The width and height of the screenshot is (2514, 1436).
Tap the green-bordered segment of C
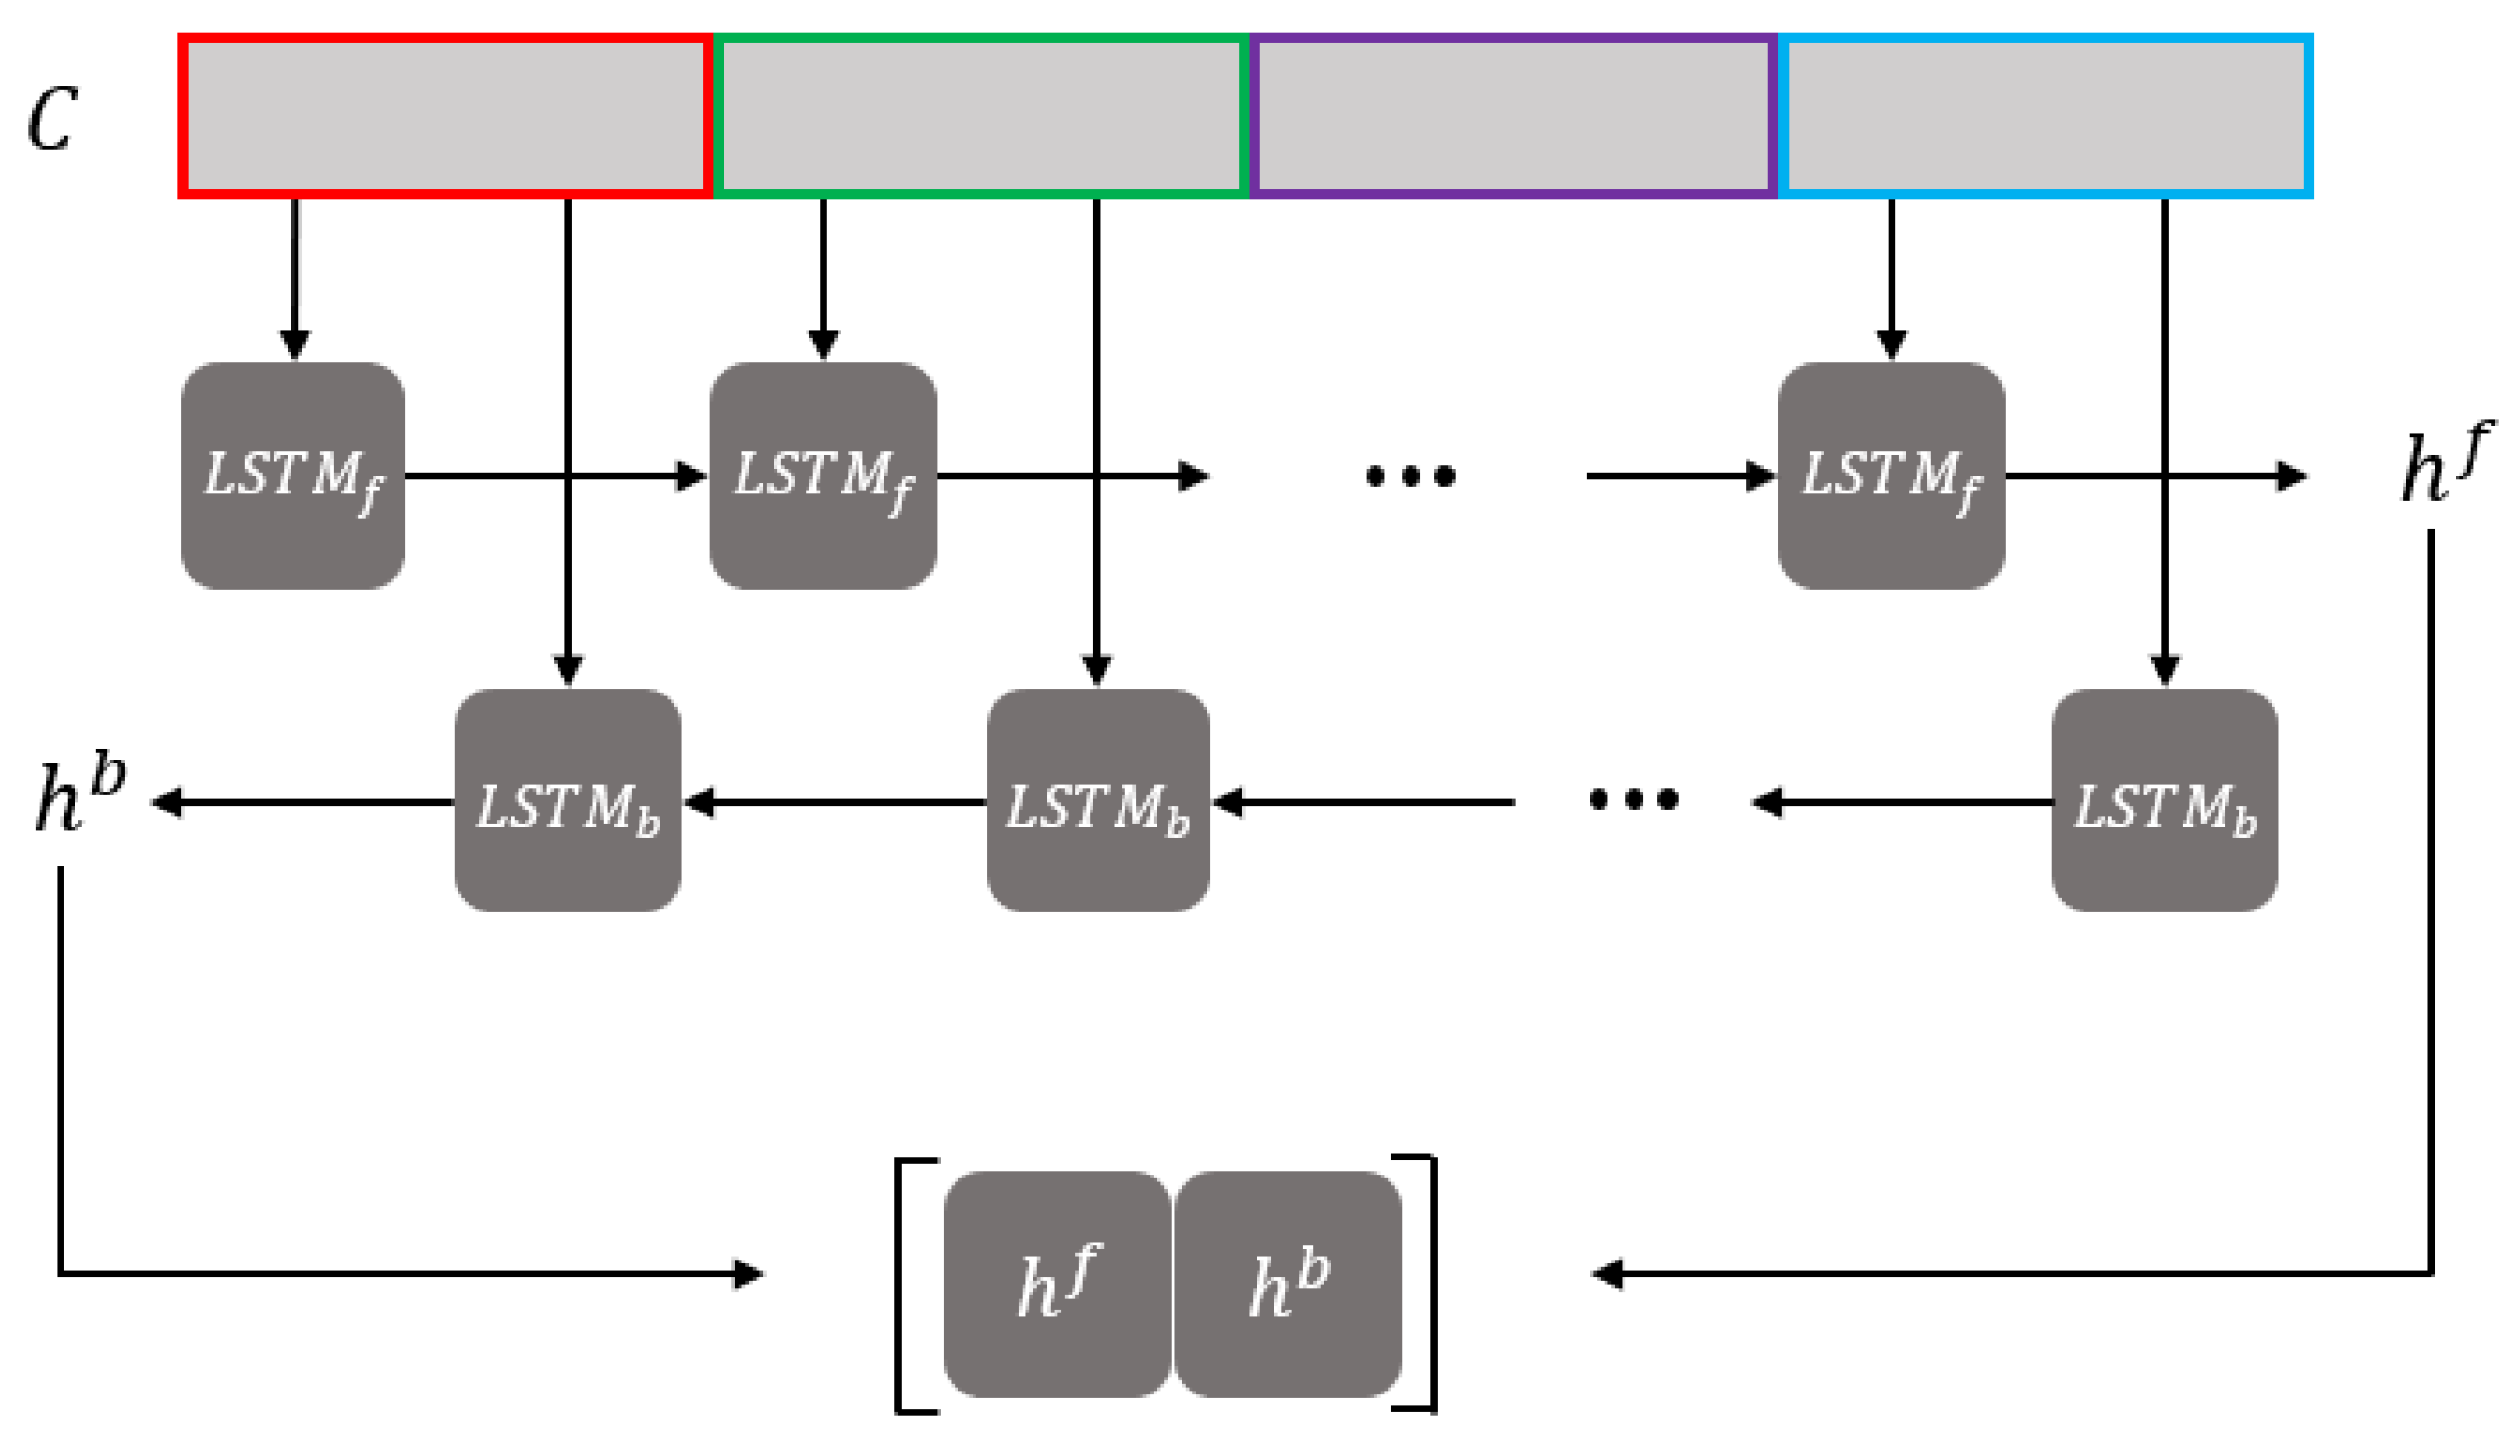981,116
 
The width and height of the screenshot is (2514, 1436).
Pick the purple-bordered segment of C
1513,116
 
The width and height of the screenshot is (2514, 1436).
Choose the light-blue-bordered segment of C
2046,116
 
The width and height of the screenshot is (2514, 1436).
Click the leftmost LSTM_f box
292,476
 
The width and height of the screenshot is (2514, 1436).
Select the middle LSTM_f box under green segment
823,476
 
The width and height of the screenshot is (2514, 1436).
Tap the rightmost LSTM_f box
1890,476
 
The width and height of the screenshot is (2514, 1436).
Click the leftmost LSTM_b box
567,801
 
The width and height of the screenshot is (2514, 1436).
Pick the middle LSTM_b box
1097,801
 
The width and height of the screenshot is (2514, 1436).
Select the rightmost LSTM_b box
2164,801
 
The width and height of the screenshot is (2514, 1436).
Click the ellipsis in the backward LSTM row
1634,799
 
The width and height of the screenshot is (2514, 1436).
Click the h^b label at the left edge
79,797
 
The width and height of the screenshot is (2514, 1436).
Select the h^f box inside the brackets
1057,1284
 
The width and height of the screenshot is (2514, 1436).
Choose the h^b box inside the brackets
1288,1284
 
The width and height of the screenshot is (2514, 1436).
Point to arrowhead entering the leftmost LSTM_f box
294,345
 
